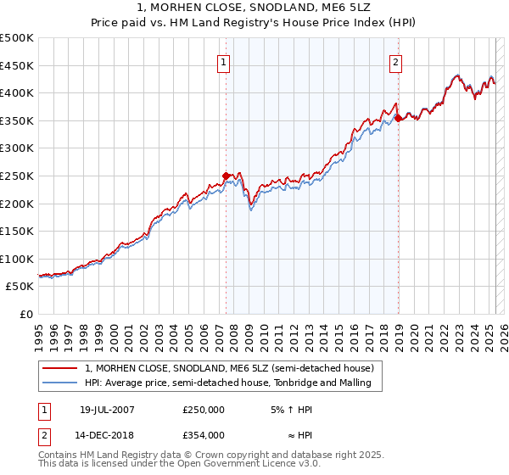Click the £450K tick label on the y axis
[x=17, y=65]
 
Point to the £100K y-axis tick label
[x=17, y=259]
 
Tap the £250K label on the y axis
[x=17, y=176]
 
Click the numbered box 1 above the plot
[x=223, y=61]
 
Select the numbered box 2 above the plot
[x=396, y=61]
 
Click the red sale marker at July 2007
[x=226, y=176]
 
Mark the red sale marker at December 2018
[x=398, y=119]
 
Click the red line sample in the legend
[x=60, y=368]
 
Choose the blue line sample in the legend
[x=60, y=383]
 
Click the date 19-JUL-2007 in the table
[x=106, y=410]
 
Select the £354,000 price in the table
[x=204, y=435]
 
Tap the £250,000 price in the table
[x=204, y=410]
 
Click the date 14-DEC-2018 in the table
[x=107, y=435]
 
